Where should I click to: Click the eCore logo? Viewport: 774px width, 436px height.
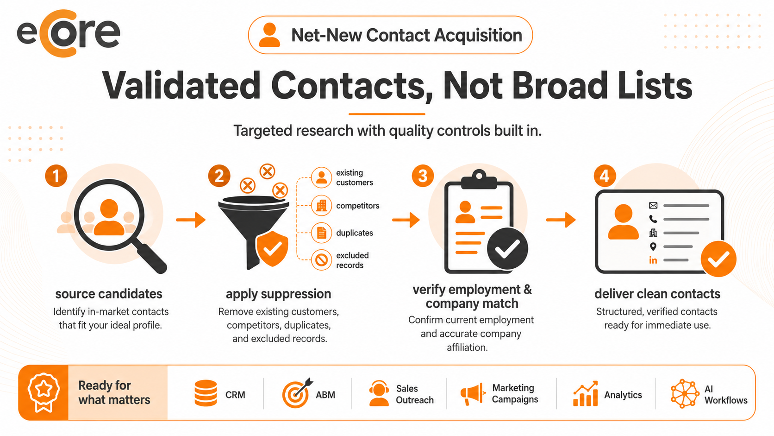(x=69, y=33)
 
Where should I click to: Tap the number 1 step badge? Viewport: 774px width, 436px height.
(x=56, y=176)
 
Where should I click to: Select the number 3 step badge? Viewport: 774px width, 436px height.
(x=423, y=176)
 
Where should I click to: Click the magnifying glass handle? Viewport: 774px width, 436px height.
(x=151, y=258)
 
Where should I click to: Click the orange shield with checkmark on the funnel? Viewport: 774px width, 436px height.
(x=272, y=249)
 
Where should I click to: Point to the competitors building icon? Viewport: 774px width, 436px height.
(x=321, y=205)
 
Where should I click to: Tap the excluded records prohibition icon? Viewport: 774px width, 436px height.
(x=321, y=259)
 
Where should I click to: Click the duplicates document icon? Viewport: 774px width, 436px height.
(x=321, y=233)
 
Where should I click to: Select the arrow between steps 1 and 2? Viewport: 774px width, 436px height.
(x=191, y=220)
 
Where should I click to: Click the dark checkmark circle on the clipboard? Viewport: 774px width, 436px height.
(x=507, y=248)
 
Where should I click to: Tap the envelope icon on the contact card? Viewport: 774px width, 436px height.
(x=653, y=205)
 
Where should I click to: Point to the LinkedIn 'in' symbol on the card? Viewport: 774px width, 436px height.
(x=653, y=260)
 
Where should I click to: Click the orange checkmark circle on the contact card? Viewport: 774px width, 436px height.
(x=718, y=259)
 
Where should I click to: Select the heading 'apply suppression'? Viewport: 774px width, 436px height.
(x=279, y=294)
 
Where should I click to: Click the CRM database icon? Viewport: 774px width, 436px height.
(x=206, y=393)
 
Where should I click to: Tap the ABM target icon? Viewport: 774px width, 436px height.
(x=297, y=393)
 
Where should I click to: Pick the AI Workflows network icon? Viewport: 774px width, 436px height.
(x=684, y=393)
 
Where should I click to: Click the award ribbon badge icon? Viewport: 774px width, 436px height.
(x=44, y=392)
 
